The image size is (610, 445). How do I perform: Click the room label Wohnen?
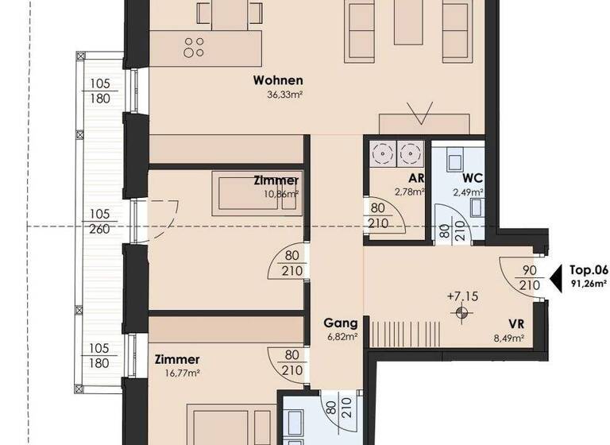pos(278,80)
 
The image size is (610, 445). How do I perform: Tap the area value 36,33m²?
pos(285,94)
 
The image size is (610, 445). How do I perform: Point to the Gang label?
pos(340,323)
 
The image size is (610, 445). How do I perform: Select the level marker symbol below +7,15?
pos(459,312)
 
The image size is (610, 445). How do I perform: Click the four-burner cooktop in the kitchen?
pos(194,47)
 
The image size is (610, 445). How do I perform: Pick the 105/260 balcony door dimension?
pos(99,221)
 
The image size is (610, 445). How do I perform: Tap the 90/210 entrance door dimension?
pos(523,277)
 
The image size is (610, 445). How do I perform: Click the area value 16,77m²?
pos(172,372)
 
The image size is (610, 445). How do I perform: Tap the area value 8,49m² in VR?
pos(508,338)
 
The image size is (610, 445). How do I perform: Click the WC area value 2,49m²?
pos(468,192)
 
